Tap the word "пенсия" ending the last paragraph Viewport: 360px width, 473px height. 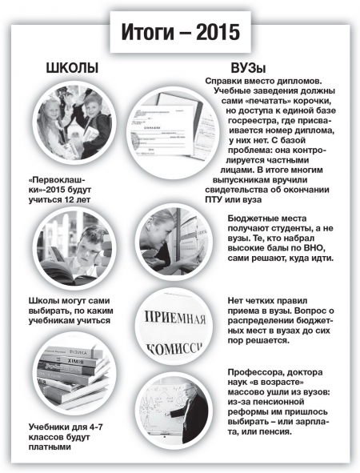277,431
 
